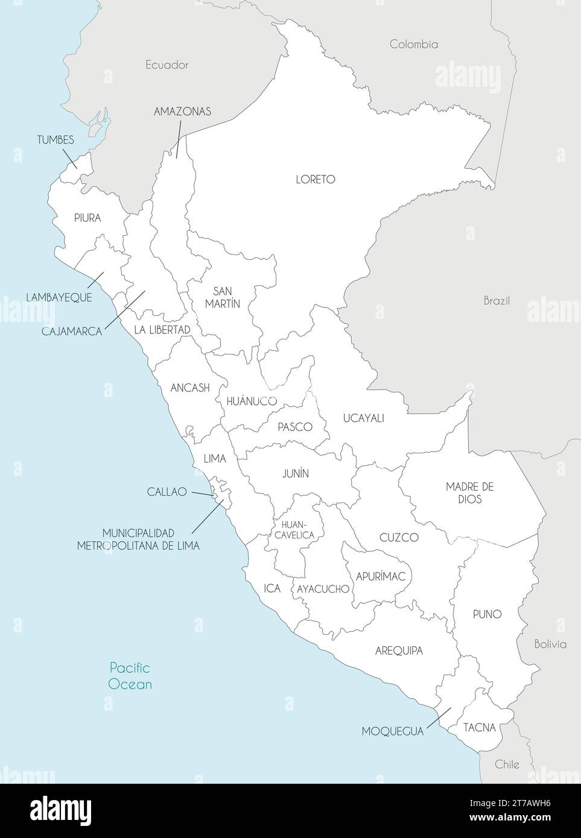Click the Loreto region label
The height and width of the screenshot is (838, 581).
315,180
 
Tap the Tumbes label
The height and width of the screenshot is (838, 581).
56,140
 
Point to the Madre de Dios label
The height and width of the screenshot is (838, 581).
469,493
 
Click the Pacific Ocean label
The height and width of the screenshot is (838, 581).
130,676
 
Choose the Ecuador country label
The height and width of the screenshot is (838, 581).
167,65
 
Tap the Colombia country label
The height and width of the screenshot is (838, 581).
413,44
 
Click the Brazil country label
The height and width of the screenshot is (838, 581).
497,300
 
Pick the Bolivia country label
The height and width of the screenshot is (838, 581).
550,644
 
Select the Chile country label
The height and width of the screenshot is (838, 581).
507,764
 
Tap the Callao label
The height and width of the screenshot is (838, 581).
167,492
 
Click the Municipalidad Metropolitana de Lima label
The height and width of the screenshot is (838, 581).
138,539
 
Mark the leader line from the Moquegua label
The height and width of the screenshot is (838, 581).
438,718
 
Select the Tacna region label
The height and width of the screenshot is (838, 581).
480,728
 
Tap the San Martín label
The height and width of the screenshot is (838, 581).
222,297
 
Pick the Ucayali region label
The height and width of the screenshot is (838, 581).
363,418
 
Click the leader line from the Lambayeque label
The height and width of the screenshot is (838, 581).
95,280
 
